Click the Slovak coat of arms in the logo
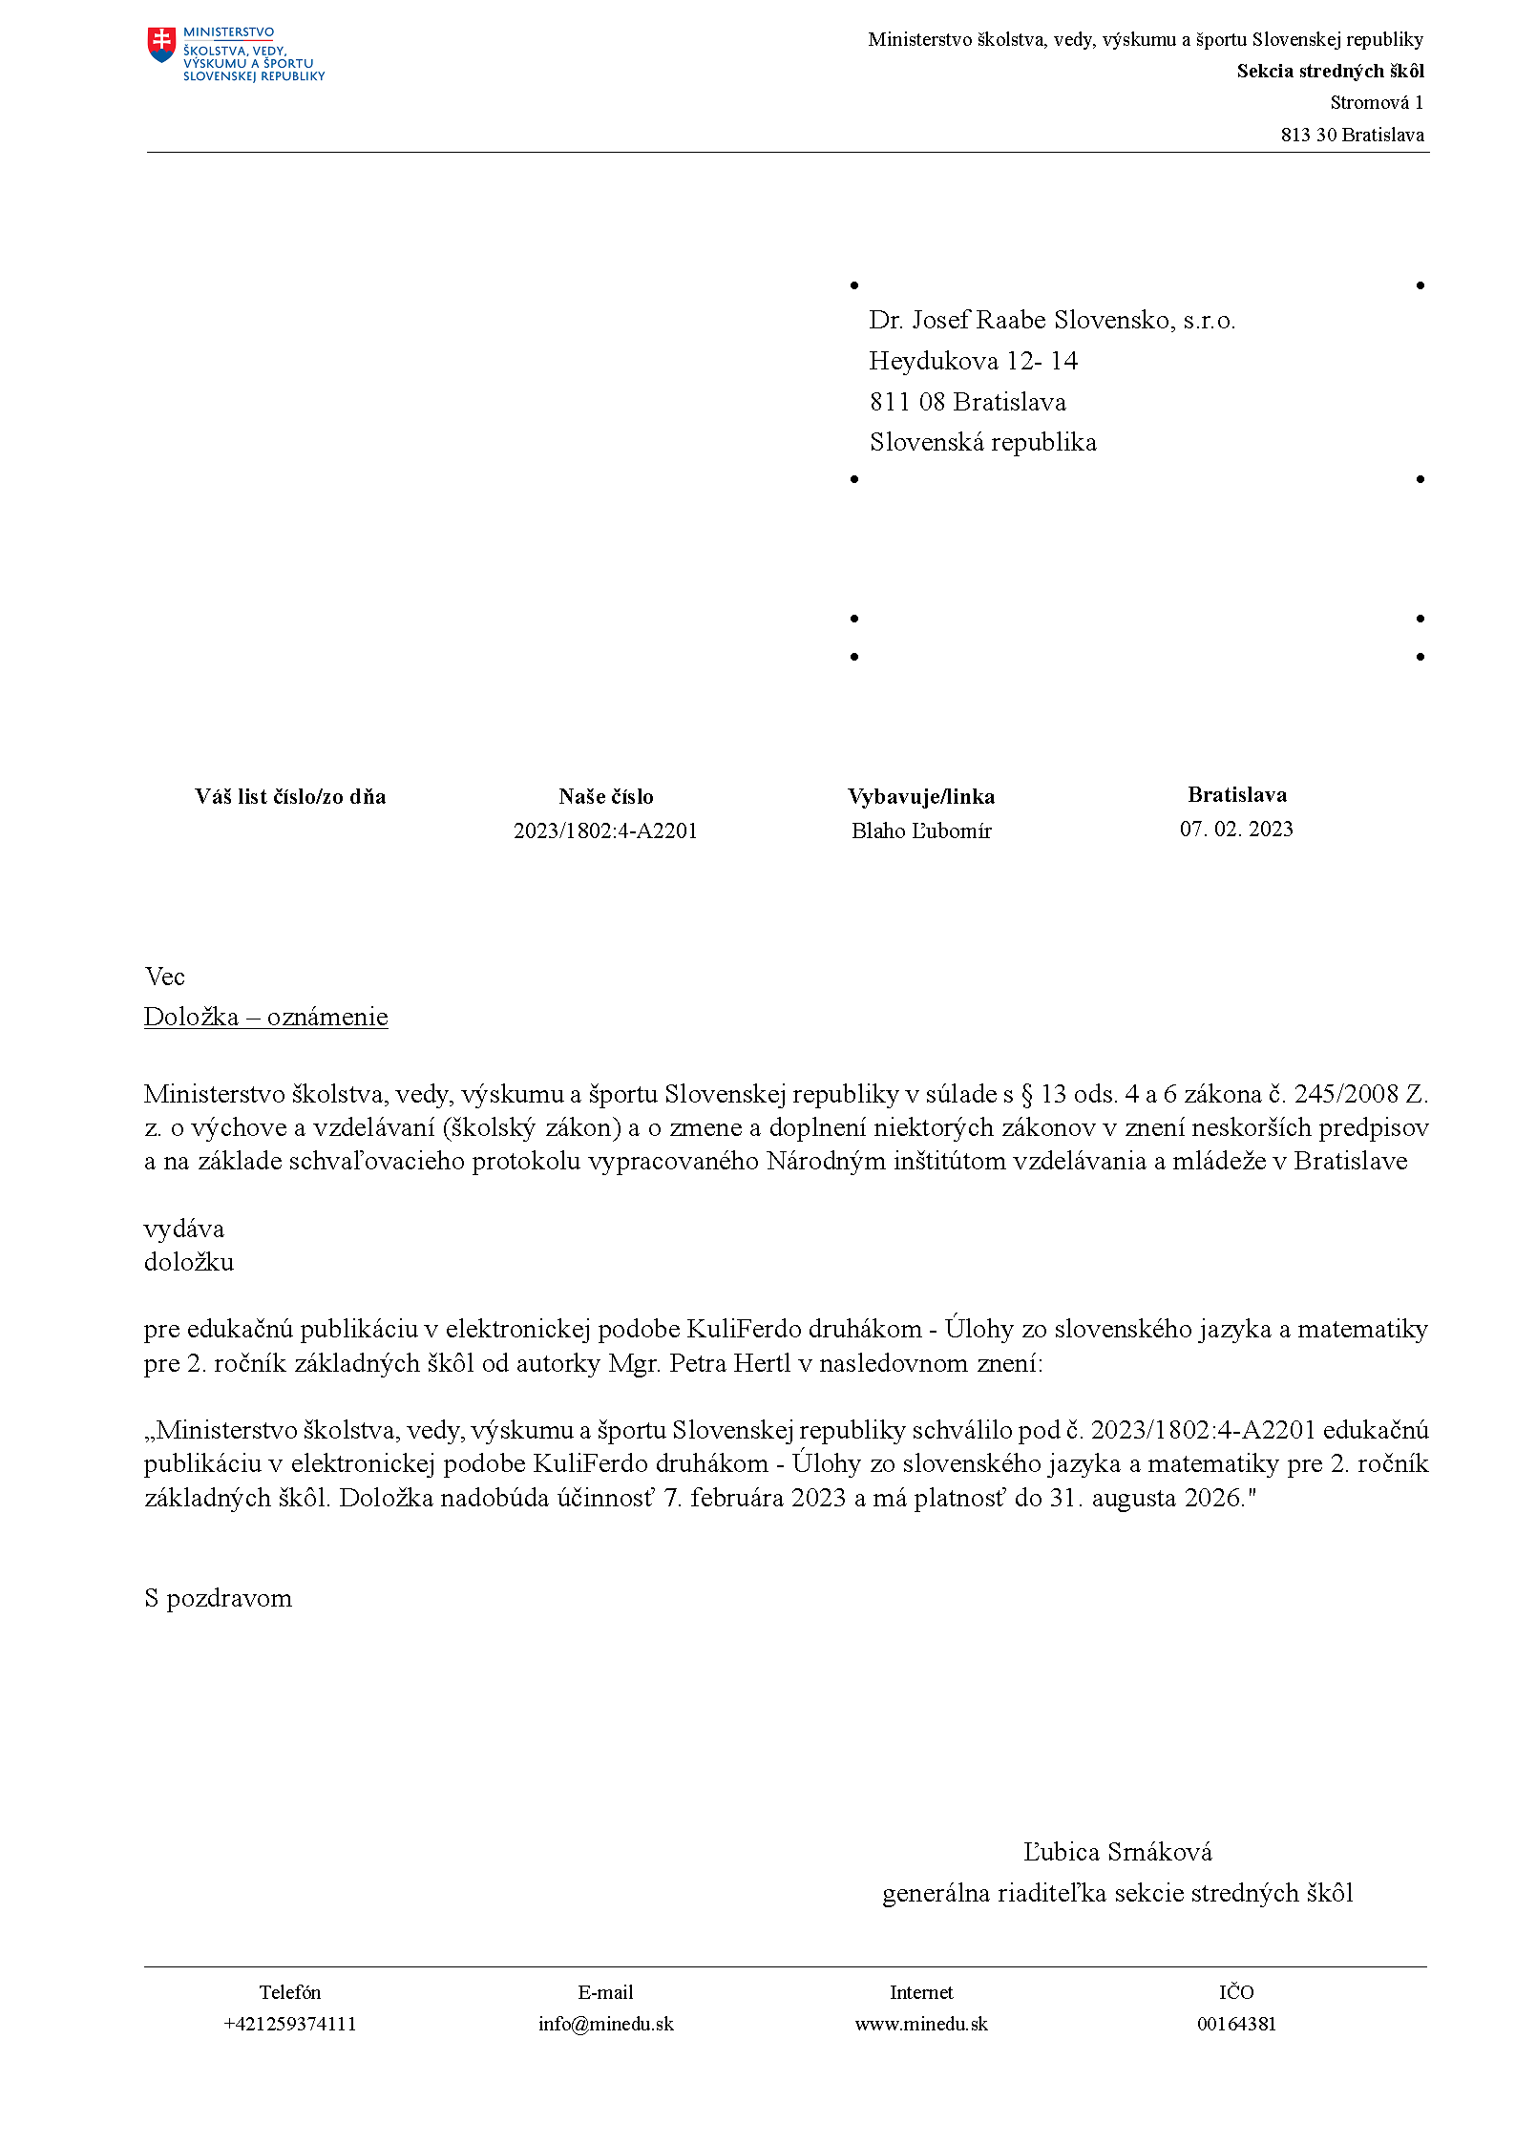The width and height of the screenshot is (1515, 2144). (162, 44)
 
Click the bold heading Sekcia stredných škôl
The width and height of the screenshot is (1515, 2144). (1330, 72)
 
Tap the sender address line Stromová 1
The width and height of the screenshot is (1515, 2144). (1376, 103)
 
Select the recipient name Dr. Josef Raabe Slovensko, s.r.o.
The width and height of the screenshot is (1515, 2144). (1052, 321)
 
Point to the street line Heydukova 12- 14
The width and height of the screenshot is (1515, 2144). (973, 362)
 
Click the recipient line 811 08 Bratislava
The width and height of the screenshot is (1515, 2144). (967, 403)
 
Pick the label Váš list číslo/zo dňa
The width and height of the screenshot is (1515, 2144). (290, 797)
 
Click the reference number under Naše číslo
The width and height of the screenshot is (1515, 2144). (605, 831)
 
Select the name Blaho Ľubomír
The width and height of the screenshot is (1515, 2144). (921, 831)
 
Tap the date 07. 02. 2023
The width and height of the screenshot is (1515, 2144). (1236, 830)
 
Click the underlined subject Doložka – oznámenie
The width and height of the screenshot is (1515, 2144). (265, 1018)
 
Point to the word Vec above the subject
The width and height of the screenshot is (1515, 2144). (164, 977)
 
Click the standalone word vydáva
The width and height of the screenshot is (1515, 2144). (184, 1230)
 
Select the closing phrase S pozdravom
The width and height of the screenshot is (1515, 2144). (218, 1599)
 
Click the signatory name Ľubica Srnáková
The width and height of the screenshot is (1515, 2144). (1117, 1853)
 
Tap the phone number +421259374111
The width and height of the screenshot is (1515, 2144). (289, 2025)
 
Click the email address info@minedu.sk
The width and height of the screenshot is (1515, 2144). (605, 2025)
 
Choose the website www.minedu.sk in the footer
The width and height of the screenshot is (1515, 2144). (921, 2025)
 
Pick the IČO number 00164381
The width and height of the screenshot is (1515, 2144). (1236, 2025)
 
